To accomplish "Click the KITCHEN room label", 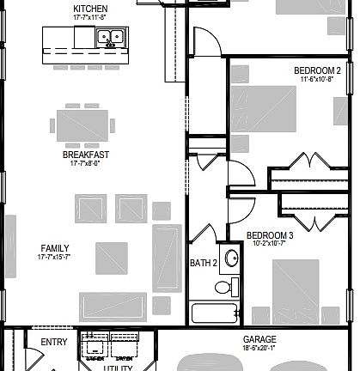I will click(x=90, y=8).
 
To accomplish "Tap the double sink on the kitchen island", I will click(x=108, y=37).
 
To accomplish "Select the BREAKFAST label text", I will click(x=85, y=155).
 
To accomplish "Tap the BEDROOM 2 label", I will click(x=317, y=70).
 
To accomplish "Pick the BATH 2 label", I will click(x=204, y=263).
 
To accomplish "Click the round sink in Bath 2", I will click(x=230, y=256).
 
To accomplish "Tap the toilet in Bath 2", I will click(x=225, y=287).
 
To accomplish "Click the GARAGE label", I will click(x=259, y=339).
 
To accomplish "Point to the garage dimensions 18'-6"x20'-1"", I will click(x=259, y=348).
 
